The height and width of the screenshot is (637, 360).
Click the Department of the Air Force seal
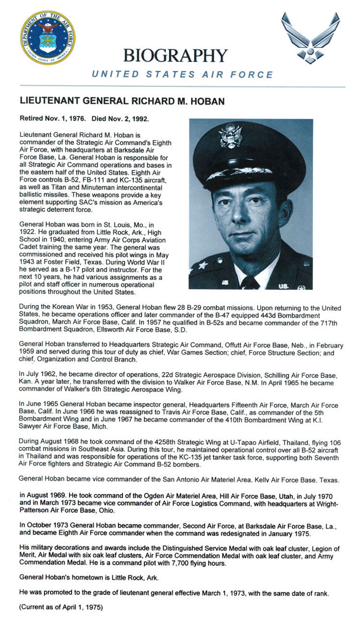[x=48, y=38]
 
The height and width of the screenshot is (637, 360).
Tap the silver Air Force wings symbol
[x=310, y=38]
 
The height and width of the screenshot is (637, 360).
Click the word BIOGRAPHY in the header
[x=175, y=55]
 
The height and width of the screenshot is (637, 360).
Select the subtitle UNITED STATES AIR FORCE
[x=182, y=74]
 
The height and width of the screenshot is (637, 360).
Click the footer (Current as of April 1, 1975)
[x=61, y=608]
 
